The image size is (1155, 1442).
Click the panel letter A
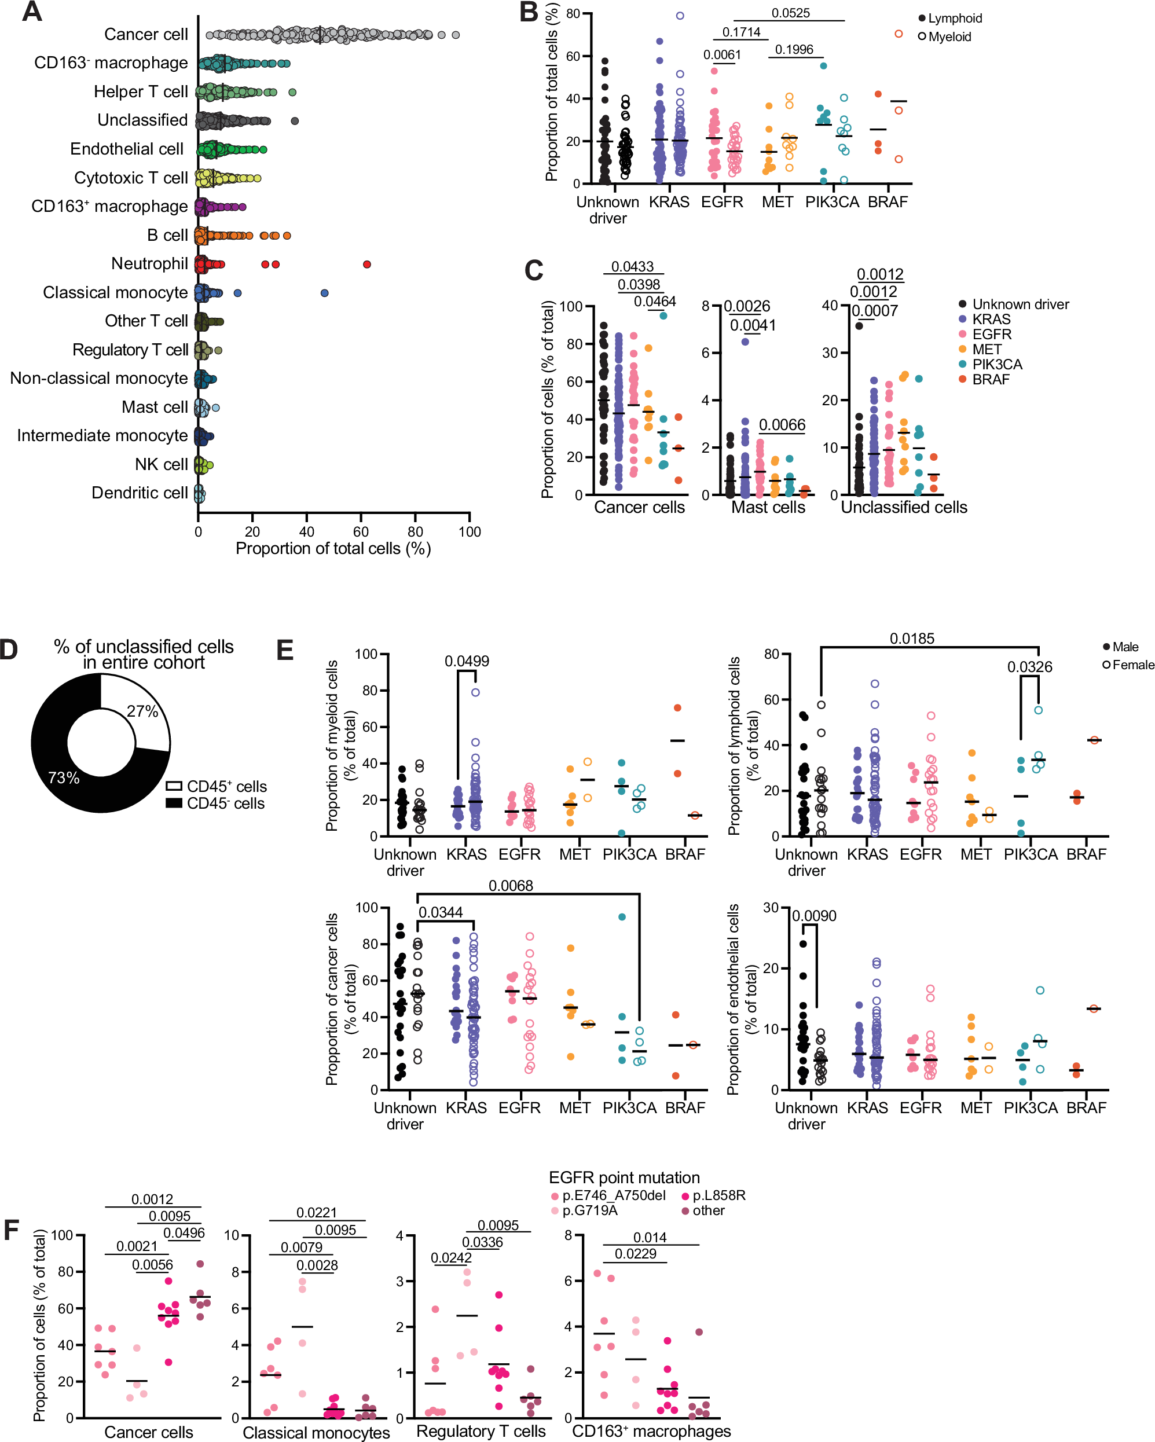31,12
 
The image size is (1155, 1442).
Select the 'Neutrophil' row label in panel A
149,263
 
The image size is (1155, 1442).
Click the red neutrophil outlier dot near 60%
366,264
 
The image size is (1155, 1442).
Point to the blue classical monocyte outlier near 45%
324,293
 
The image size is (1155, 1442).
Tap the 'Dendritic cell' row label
139,493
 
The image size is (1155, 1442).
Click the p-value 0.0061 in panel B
721,54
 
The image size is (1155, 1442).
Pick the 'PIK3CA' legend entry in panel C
996,365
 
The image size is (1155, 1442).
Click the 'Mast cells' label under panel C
768,507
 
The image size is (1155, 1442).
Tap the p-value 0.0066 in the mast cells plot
782,425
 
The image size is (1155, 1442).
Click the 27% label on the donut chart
142,711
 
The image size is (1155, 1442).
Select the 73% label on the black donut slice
64,778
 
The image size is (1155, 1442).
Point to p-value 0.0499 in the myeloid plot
467,661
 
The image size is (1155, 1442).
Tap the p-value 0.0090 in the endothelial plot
814,916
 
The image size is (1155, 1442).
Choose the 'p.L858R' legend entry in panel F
718,1195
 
